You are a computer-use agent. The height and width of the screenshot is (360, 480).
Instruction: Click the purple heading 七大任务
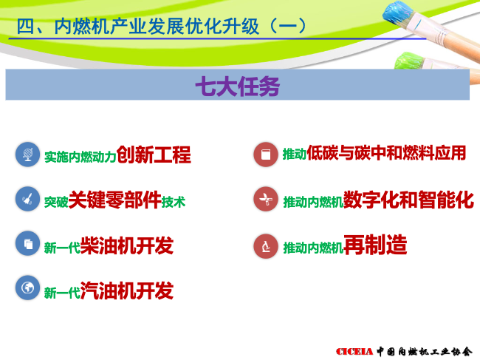tap(238, 86)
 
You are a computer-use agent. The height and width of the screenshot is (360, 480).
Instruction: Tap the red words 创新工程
tap(154, 154)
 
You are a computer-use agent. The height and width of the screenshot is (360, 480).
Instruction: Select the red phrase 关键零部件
tap(114, 200)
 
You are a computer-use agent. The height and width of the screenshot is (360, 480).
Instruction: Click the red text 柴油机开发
tap(127, 245)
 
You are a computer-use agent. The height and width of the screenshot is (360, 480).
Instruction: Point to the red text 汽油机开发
tap(127, 291)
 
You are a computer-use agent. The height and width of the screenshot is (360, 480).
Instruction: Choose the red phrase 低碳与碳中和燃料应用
tap(386, 153)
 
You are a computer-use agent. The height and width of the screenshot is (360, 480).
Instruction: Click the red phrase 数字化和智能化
tap(408, 200)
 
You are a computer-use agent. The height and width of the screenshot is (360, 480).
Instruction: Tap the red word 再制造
tap(375, 245)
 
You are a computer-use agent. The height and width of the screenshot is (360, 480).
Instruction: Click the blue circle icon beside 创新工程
tap(27, 154)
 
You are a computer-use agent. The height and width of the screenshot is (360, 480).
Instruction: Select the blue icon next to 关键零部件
tap(27, 199)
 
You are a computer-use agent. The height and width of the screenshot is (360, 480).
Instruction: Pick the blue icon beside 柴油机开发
tap(27, 243)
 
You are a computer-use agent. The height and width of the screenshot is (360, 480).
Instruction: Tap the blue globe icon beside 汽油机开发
tap(27, 288)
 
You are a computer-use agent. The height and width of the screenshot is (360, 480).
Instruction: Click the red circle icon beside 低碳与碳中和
tap(266, 154)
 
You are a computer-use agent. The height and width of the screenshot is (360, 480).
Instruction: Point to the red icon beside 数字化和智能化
tap(266, 200)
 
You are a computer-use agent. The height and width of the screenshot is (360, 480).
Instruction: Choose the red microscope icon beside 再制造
tap(266, 246)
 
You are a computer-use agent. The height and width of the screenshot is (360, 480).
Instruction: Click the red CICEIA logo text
tap(354, 351)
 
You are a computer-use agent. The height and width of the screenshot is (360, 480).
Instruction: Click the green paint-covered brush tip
tap(408, 61)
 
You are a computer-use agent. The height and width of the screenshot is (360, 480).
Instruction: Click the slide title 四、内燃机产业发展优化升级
tap(138, 27)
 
